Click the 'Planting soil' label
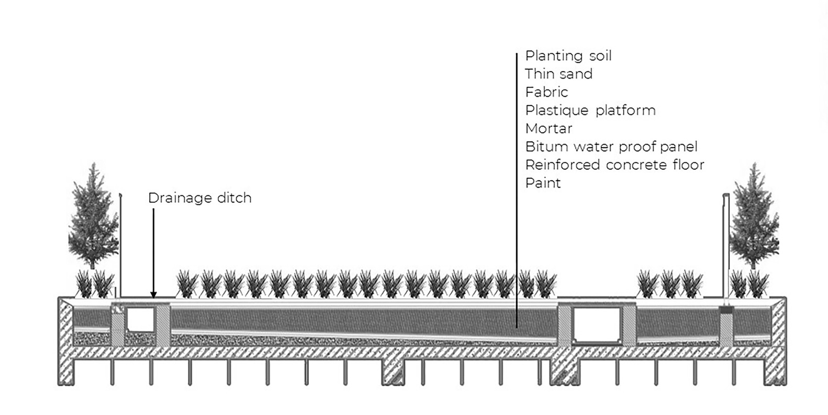point(568,56)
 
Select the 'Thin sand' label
point(558,74)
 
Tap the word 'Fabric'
point(546,92)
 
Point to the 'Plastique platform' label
point(590,111)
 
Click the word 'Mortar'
point(549,128)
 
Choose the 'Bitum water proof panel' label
point(611,147)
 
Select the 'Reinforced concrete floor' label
point(614,165)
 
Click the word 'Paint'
point(543,183)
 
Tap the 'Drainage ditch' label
point(199,198)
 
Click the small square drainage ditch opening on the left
point(141,319)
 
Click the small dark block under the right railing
point(726,310)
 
